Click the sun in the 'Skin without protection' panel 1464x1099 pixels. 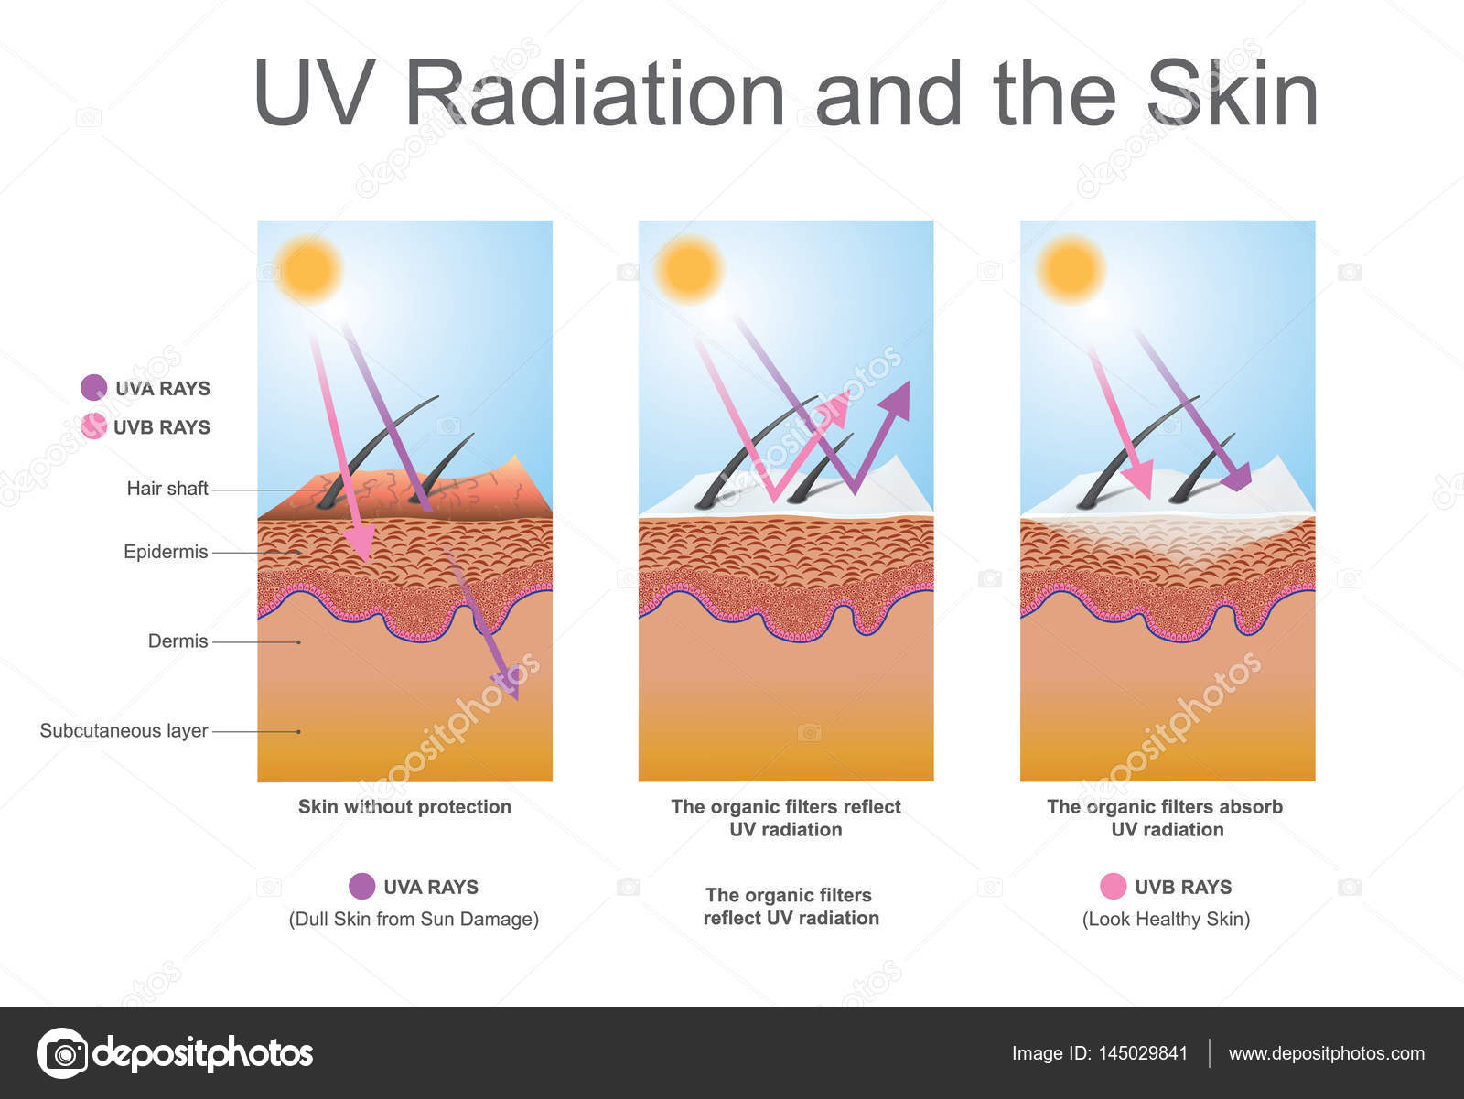308,269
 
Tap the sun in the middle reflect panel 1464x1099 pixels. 690,269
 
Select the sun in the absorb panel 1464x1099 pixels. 1071,269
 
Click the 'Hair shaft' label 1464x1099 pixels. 167,489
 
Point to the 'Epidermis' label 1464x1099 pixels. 166,552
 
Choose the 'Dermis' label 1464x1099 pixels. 178,641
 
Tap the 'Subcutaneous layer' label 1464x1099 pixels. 124,731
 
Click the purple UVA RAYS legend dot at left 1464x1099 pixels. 93,387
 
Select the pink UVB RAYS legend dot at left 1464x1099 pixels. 93,426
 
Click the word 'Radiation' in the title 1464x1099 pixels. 594,93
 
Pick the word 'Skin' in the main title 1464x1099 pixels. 1232,93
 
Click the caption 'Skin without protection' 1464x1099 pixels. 404,807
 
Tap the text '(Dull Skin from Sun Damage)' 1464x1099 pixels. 414,920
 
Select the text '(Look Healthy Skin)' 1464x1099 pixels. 1166,920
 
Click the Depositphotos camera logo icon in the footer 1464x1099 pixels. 62,1053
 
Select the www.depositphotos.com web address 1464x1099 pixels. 1327,1053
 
